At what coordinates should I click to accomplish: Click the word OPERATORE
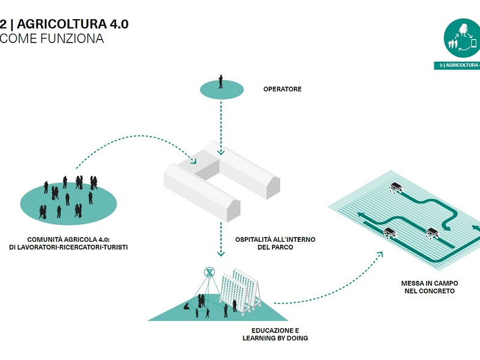[282, 89]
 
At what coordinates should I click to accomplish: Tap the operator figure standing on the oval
[221, 82]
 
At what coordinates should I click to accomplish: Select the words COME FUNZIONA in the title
[53, 39]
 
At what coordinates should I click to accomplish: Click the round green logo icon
[463, 37]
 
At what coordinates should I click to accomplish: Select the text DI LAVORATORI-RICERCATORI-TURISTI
[68, 247]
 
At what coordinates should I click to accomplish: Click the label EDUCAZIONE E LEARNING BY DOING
[275, 334]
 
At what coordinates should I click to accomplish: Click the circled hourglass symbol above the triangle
[209, 272]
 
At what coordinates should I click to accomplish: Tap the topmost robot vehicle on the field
[396, 187]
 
